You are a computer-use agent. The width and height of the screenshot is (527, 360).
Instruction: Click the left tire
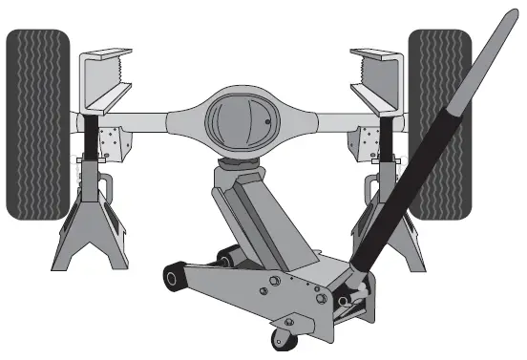pos(37,124)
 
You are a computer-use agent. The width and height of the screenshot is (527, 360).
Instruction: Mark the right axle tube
pos(334,119)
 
